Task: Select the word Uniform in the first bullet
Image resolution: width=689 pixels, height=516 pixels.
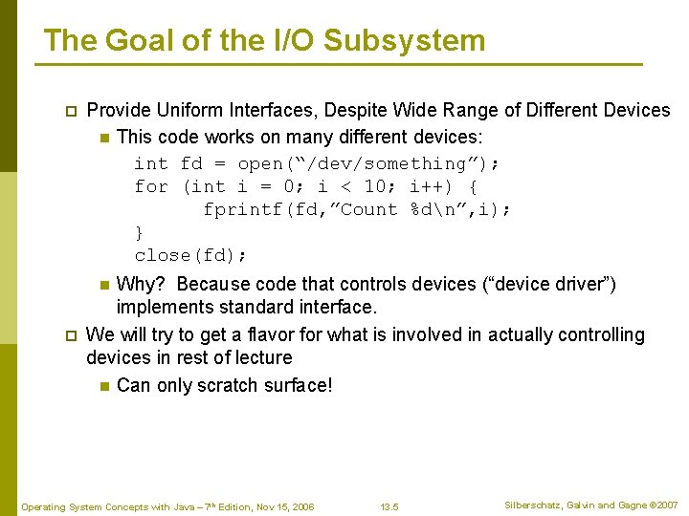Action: pyautogui.click(x=189, y=110)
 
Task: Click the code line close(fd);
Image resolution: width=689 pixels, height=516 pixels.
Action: pyautogui.click(x=190, y=255)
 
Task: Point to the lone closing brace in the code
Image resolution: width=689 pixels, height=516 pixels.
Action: pyautogui.click(x=140, y=232)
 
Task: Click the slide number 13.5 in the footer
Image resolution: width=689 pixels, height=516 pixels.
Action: pyautogui.click(x=389, y=505)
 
